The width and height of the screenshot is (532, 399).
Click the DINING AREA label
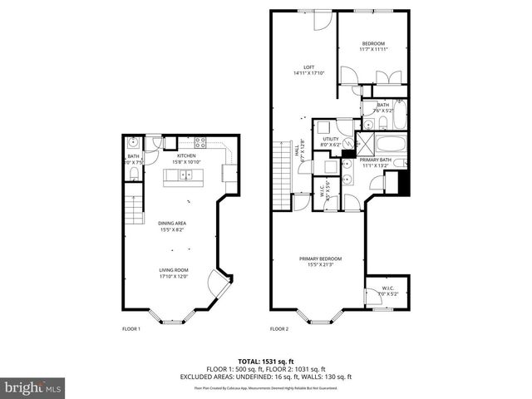click(175, 226)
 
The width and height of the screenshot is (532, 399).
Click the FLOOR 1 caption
click(131, 329)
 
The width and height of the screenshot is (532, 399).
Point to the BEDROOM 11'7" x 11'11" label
click(373, 47)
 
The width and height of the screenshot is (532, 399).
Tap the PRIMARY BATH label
click(377, 162)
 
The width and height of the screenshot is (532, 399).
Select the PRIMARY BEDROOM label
click(320, 261)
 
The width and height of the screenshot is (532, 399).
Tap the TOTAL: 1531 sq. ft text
click(266, 362)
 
